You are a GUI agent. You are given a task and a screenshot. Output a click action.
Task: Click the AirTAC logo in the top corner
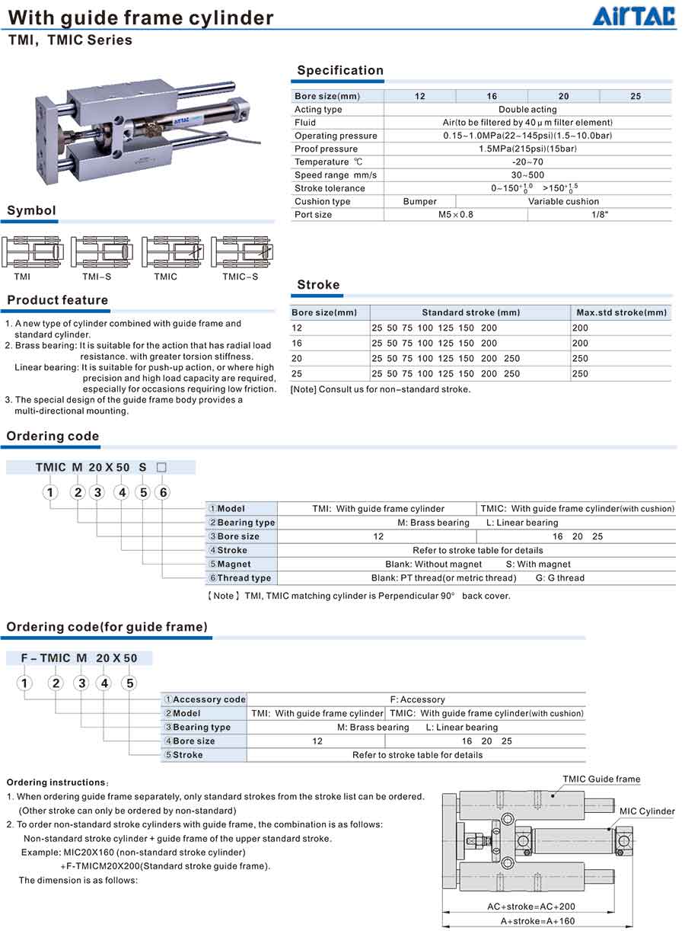634,15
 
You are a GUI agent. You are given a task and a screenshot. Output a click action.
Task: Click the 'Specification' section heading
340,70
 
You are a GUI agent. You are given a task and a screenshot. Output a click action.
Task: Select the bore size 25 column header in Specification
636,96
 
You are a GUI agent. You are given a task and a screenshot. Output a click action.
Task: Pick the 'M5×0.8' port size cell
455,215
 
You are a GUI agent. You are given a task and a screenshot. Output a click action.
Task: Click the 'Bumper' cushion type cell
419,202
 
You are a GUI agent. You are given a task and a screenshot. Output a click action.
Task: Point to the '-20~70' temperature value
527,162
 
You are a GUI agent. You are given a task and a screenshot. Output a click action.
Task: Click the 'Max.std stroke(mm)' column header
621,312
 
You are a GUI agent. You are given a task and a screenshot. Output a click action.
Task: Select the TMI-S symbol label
97,277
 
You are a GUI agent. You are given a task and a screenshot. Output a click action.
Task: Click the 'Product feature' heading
58,300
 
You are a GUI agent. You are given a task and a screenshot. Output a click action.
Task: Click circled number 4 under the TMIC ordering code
122,492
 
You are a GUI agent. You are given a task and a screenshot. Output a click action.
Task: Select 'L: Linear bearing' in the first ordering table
522,523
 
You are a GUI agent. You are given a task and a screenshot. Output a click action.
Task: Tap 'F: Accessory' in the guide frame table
417,699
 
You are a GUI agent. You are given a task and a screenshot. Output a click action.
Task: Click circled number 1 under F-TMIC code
24,683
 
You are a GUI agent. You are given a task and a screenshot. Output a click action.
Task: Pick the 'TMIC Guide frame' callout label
601,779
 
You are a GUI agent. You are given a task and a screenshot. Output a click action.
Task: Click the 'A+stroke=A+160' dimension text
537,921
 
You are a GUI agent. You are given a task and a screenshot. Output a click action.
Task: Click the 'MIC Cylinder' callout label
647,811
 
